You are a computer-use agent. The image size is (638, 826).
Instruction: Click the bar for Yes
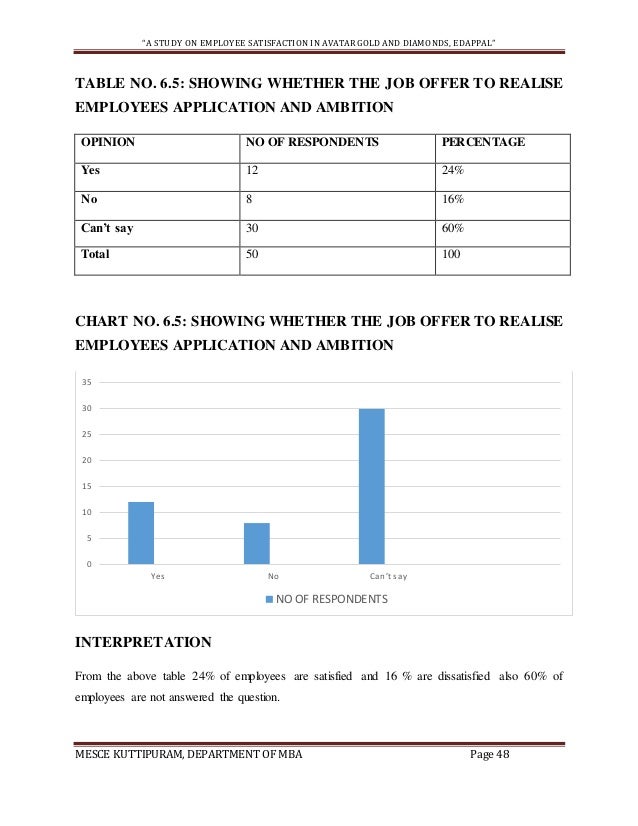click(141, 533)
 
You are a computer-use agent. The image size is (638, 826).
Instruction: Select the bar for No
click(257, 543)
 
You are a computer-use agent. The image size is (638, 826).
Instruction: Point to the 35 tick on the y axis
click(87, 382)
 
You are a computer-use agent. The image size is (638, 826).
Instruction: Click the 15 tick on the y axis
click(87, 486)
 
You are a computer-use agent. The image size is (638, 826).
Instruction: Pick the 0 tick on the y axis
click(89, 564)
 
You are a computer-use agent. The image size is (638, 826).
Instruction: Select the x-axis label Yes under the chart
click(157, 577)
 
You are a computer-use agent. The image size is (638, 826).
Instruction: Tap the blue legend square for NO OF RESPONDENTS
click(268, 600)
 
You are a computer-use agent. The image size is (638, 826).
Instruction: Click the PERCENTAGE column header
click(483, 142)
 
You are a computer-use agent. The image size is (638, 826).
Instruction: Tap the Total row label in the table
click(96, 255)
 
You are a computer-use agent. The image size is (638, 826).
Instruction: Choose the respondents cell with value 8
click(249, 198)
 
